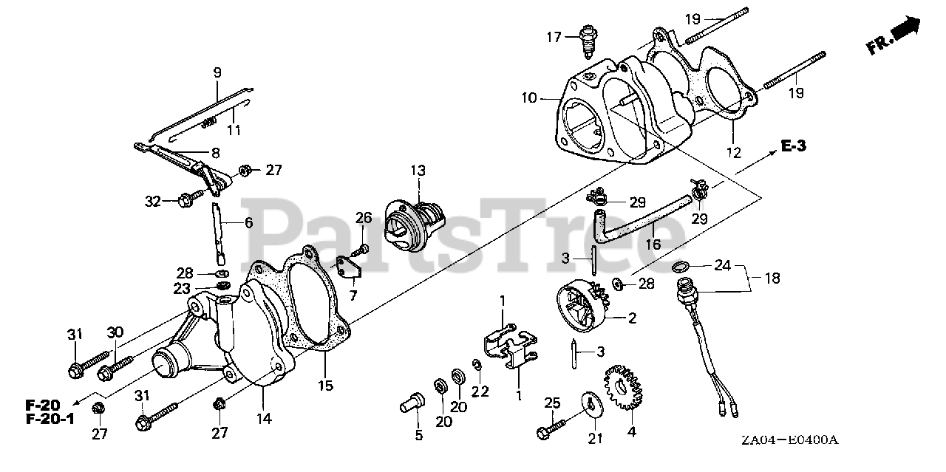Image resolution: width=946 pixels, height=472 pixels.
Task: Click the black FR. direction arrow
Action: point(906,32)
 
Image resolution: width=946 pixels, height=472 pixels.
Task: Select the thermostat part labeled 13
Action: point(415,222)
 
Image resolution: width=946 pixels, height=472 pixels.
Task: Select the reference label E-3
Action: point(793,146)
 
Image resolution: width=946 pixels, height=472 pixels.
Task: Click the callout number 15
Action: point(325,385)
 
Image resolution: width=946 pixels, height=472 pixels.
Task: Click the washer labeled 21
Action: point(591,405)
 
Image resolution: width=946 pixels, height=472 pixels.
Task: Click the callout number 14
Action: point(263,419)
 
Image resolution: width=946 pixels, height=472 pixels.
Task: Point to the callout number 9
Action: point(217,72)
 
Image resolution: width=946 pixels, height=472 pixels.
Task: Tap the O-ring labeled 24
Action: point(681,267)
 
